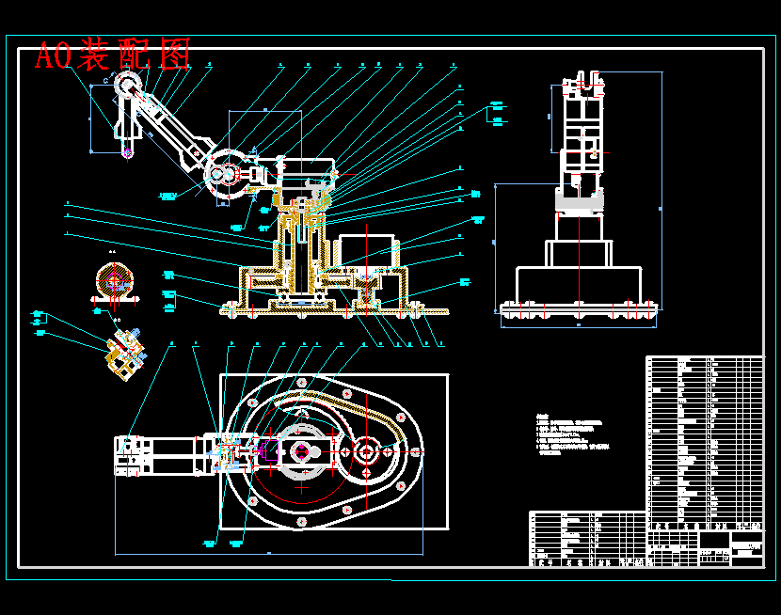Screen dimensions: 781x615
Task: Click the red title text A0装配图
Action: pos(112,55)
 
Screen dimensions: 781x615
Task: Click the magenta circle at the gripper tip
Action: pos(127,150)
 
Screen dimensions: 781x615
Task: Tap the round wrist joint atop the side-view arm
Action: pos(127,86)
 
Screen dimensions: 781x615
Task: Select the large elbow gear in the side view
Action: pos(223,174)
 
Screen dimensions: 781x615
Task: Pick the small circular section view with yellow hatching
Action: pos(115,280)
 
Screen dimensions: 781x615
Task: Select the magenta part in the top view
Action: pos(264,451)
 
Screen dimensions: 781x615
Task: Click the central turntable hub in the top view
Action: pos(301,451)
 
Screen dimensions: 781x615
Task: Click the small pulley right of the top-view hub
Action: pos(365,452)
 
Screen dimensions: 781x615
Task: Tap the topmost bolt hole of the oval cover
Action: pos(347,392)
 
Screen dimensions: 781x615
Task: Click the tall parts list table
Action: pos(705,442)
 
